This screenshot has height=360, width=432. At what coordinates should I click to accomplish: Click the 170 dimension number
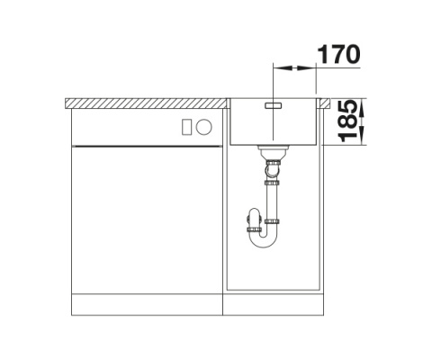tap(338, 54)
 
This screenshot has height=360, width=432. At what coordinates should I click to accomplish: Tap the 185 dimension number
tap(347, 121)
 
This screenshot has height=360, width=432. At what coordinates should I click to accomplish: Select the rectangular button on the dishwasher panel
tap(186, 127)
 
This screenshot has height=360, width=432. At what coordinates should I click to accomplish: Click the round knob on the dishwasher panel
tap(204, 127)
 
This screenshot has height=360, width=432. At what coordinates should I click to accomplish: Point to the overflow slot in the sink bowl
tap(273, 105)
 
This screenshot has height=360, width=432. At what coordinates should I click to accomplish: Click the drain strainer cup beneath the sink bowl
tap(273, 152)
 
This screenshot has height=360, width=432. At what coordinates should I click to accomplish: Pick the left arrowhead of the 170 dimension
tap(283, 68)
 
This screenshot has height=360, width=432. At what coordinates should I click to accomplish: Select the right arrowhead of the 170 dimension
tap(306, 68)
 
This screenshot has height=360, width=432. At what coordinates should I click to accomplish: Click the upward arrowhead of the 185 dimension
tap(362, 109)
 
